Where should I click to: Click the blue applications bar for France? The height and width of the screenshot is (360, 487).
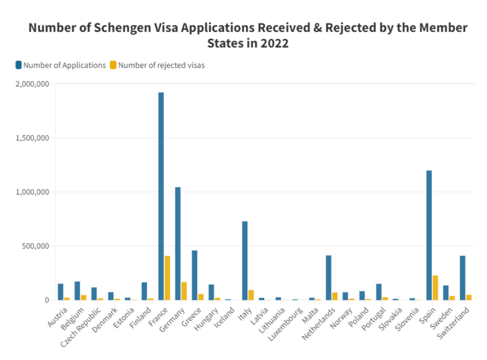coord(161,196)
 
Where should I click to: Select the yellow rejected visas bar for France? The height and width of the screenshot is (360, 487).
coord(167,278)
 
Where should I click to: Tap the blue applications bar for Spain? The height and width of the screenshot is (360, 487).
coord(429,235)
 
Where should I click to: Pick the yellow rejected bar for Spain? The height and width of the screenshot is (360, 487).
coord(435,287)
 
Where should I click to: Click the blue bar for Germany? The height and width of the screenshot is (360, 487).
coord(178,244)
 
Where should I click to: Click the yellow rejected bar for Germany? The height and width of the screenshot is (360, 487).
coord(184,291)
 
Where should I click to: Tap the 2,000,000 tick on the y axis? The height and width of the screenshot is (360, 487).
coord(33,84)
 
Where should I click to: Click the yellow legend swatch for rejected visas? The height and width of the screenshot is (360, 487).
coord(113,65)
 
